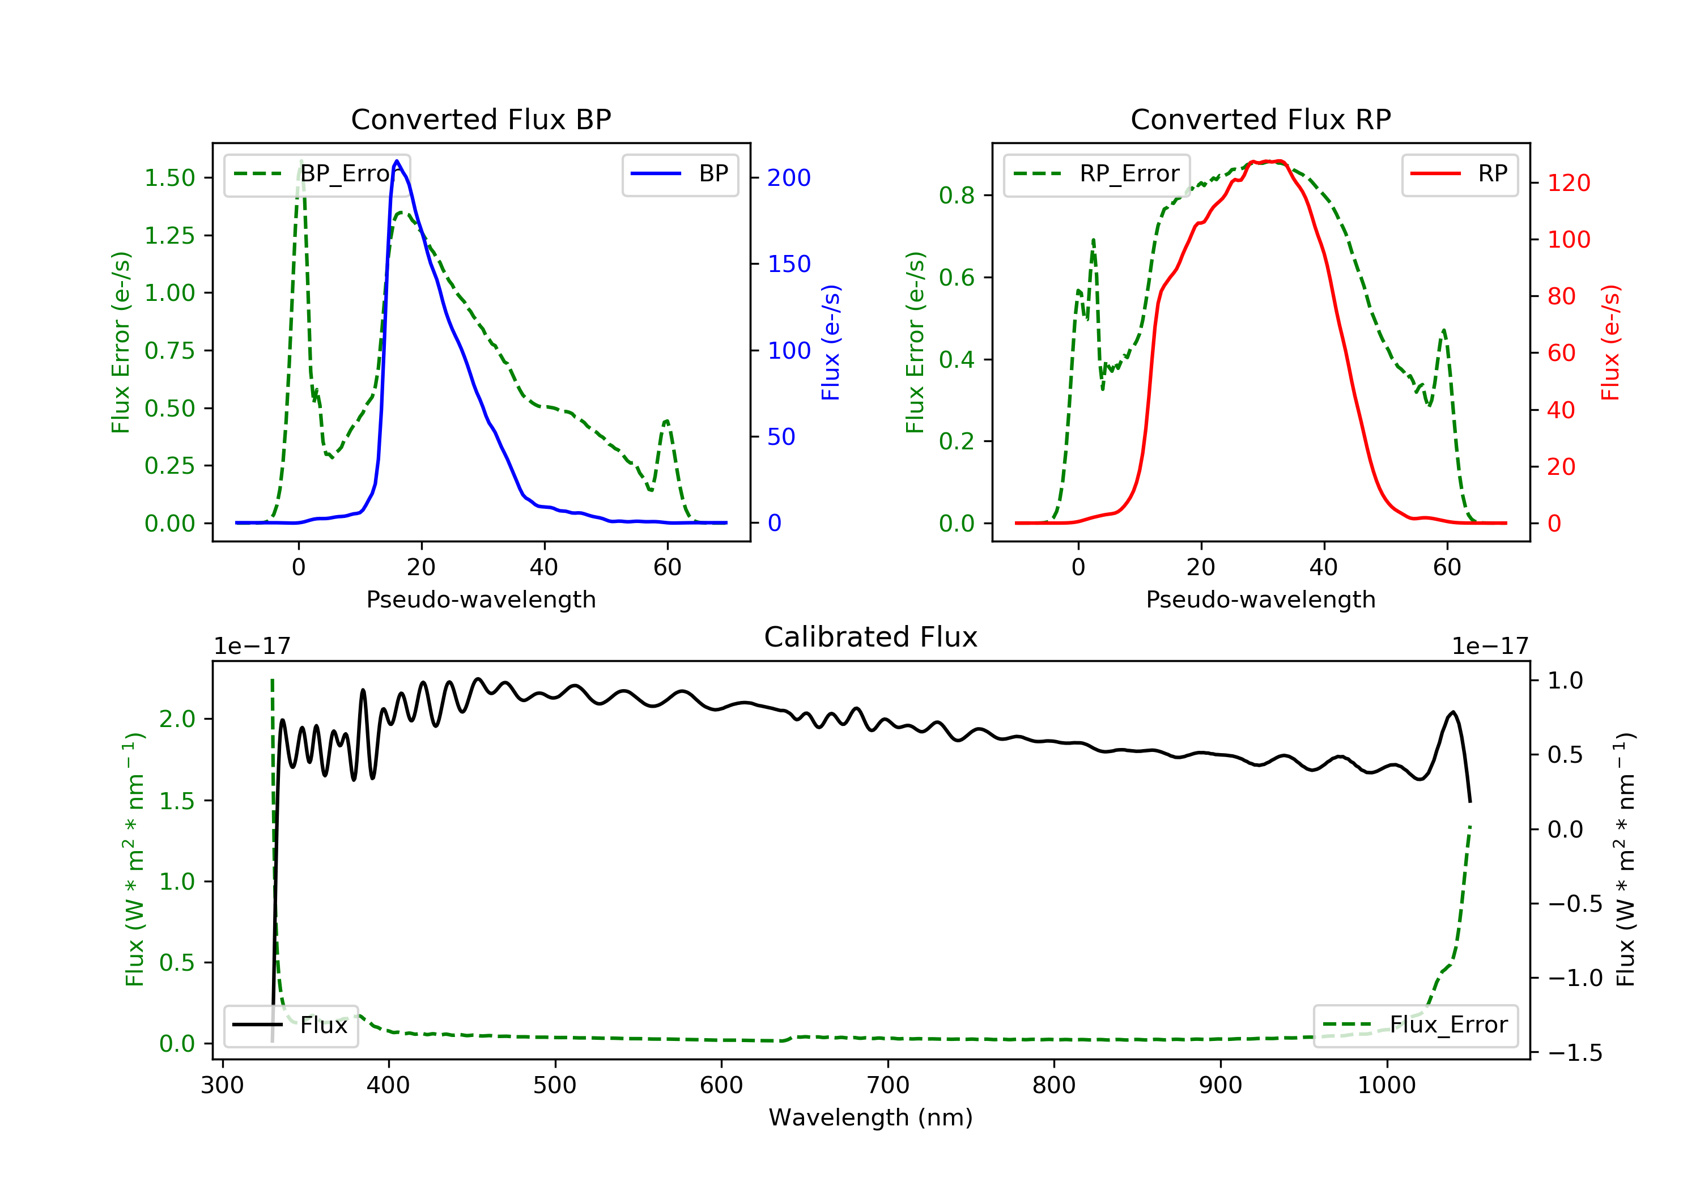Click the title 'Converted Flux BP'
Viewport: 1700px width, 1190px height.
(481, 119)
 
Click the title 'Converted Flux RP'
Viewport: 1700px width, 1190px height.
(1260, 119)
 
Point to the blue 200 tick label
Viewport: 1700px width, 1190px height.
(789, 178)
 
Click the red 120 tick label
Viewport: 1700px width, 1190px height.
(1568, 183)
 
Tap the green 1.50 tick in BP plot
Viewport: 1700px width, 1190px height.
(169, 178)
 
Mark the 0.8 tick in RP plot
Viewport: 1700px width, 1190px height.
(956, 195)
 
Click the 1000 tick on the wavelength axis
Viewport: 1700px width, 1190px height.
(1386, 1086)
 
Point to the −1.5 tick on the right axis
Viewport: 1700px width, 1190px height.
(1574, 1053)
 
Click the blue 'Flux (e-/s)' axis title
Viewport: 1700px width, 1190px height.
(831, 342)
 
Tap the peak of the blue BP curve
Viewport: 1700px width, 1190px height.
(397, 161)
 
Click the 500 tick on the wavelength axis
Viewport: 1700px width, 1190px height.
(555, 1086)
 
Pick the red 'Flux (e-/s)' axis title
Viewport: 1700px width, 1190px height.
(1610, 342)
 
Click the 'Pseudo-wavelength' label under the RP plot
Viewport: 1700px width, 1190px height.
(1260, 600)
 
